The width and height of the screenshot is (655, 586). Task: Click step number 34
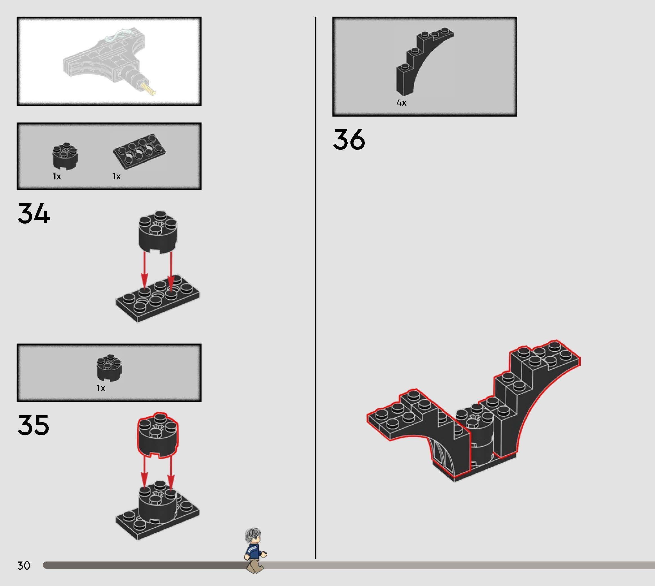pyautogui.click(x=34, y=213)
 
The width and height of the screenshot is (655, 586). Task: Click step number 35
pyautogui.click(x=33, y=425)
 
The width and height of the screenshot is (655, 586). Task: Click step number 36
pyautogui.click(x=349, y=139)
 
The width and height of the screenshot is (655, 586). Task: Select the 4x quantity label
pyautogui.click(x=401, y=103)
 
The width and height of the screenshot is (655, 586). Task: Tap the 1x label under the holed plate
pyautogui.click(x=116, y=177)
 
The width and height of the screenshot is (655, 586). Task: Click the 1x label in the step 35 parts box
pyautogui.click(x=101, y=388)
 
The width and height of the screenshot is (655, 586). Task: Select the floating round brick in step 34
pyautogui.click(x=158, y=232)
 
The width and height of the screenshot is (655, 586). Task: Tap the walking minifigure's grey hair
pyautogui.click(x=253, y=534)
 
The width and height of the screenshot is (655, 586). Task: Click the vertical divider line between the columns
pyautogui.click(x=316, y=290)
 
